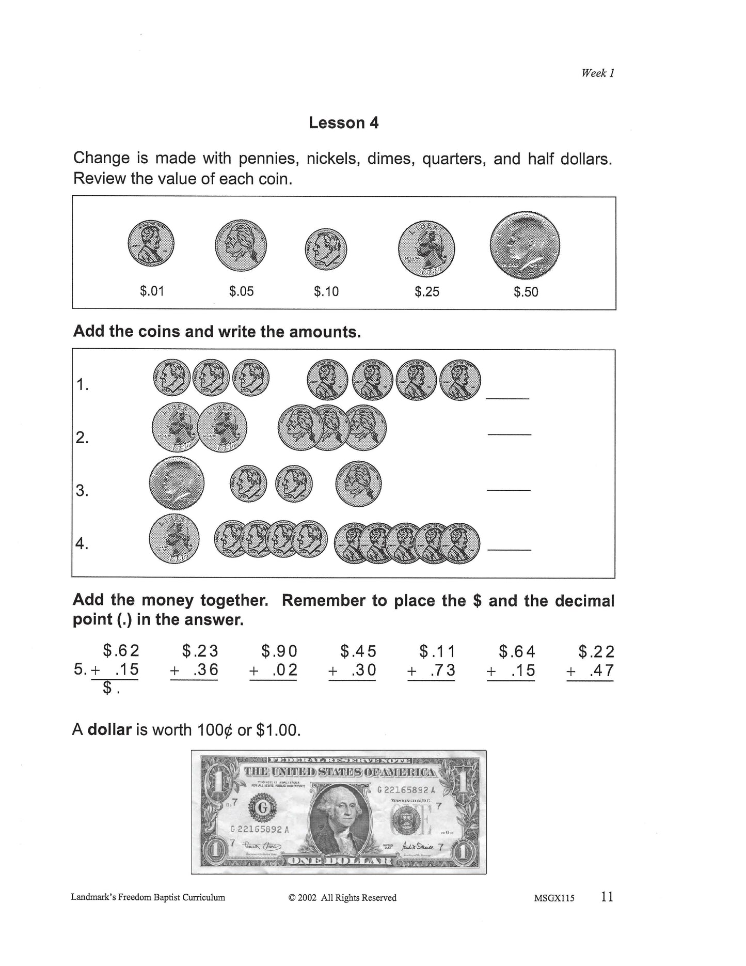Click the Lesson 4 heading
343,123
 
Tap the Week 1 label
597,73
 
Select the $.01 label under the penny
152,291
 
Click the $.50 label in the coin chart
526,292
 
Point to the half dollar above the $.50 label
526,245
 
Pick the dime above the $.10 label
326,249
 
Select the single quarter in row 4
174,539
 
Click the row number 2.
82,438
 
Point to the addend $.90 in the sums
279,651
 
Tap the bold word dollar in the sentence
109,730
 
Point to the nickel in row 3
359,484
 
